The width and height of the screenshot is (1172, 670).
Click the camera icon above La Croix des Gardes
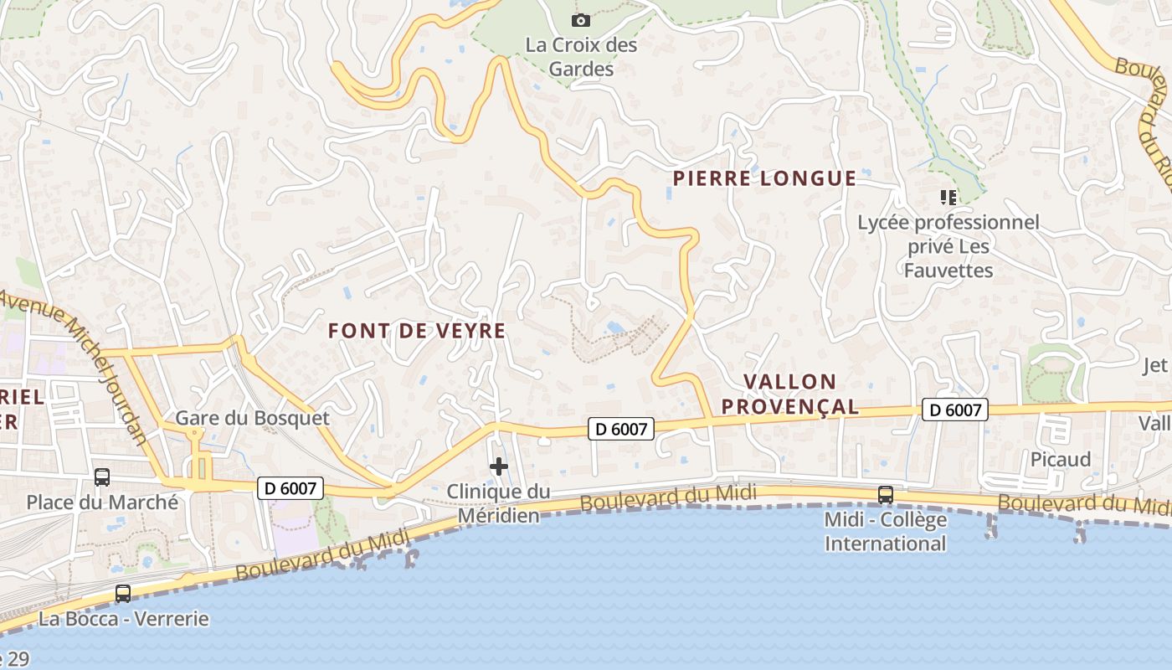tap(580, 20)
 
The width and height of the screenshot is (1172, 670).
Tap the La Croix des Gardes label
tap(582, 57)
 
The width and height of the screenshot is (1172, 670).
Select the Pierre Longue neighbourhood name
tap(764, 178)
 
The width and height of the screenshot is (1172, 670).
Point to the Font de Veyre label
tap(417, 331)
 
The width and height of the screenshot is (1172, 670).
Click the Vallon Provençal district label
tap(790, 394)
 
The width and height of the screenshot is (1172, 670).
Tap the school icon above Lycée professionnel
tap(948, 198)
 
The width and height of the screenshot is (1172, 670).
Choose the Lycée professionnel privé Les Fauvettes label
tap(948, 246)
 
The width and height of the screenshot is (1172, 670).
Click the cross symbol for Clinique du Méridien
tap(499, 466)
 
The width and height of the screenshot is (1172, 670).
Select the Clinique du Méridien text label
tap(498, 503)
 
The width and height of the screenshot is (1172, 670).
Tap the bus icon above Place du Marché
tap(102, 477)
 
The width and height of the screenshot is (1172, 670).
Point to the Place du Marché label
tap(102, 502)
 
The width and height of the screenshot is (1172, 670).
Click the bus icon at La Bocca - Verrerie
tap(123, 594)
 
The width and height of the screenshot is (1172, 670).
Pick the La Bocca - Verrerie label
tap(123, 620)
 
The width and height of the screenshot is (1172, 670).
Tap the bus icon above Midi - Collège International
tap(886, 495)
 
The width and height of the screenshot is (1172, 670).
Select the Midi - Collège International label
tap(886, 532)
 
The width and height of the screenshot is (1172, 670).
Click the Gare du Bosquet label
tap(252, 418)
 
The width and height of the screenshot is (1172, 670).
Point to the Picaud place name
tap(1061, 459)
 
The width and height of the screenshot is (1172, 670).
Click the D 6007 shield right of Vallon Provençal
tap(955, 410)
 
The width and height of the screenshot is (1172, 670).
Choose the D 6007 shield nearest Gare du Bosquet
tap(290, 488)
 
